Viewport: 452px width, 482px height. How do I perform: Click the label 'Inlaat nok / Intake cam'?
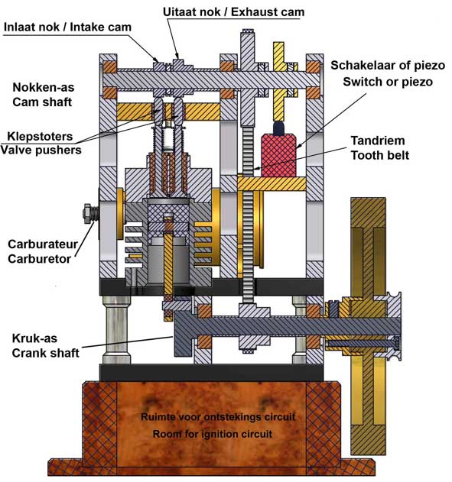67,27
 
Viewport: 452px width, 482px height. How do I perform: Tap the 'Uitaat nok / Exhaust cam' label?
233,12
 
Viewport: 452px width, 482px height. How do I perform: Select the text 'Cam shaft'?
42,102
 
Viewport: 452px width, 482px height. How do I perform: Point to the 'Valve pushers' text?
41,150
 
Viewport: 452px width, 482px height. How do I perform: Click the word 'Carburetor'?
40,259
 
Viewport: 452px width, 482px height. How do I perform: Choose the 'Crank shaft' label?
46,353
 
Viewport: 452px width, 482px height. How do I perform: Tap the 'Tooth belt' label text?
380,155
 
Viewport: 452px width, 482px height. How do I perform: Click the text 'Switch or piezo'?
388,82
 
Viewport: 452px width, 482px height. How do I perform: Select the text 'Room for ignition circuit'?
213,434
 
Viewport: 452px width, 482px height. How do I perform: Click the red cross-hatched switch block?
278,155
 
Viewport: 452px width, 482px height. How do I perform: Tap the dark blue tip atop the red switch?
278,128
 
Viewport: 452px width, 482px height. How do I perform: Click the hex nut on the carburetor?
88,213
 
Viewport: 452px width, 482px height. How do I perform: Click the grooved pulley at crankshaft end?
394,326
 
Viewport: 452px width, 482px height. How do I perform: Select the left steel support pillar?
116,329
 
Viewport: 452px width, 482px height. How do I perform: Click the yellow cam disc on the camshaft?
278,82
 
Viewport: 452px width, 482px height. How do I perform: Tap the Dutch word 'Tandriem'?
378,141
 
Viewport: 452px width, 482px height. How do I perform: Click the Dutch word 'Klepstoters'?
40,136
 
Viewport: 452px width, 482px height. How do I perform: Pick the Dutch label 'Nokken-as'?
44,88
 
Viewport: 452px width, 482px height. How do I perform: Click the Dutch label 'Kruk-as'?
34,338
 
